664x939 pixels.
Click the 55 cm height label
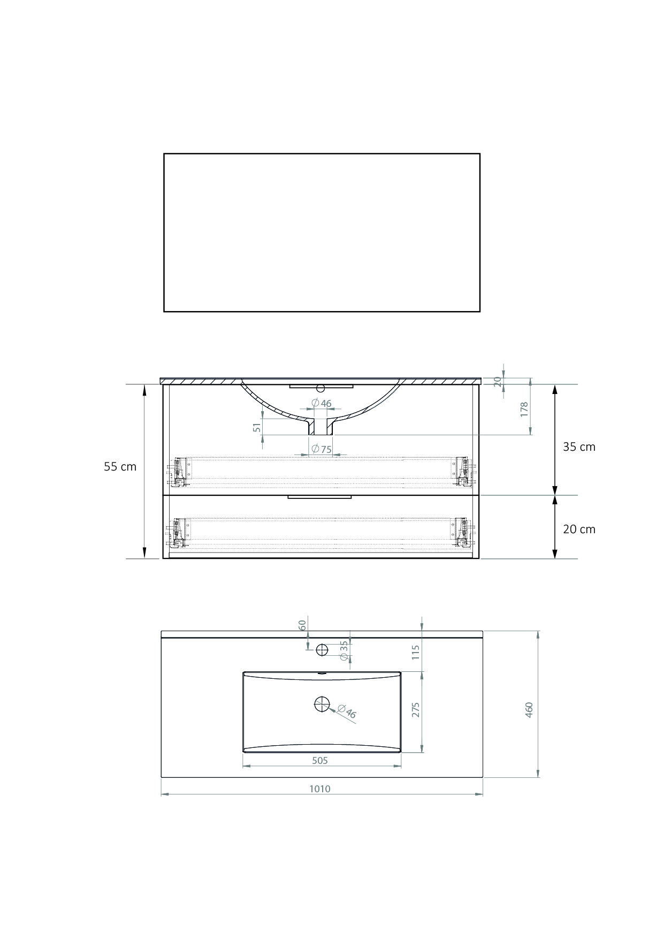pos(120,467)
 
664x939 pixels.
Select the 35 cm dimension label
pos(579,447)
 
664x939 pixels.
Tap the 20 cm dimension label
pos(579,529)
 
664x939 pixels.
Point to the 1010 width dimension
pos(319,789)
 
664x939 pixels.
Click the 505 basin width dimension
pos(319,760)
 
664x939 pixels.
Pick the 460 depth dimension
pos(529,709)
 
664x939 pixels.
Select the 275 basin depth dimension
pos(416,709)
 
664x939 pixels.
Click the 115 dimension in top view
pos(416,652)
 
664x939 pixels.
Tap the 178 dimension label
pos(524,409)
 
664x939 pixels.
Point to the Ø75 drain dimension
pos(322,449)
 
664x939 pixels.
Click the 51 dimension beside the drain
pos(257,427)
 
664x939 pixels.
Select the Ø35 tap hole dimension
pos(344,646)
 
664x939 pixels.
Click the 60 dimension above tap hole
pos(302,625)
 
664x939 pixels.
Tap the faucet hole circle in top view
pos(322,650)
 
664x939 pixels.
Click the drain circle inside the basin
pos(322,705)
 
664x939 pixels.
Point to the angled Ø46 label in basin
pos(347,713)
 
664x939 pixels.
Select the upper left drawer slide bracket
pos(179,472)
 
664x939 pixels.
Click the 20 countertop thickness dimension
pos(497,381)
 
